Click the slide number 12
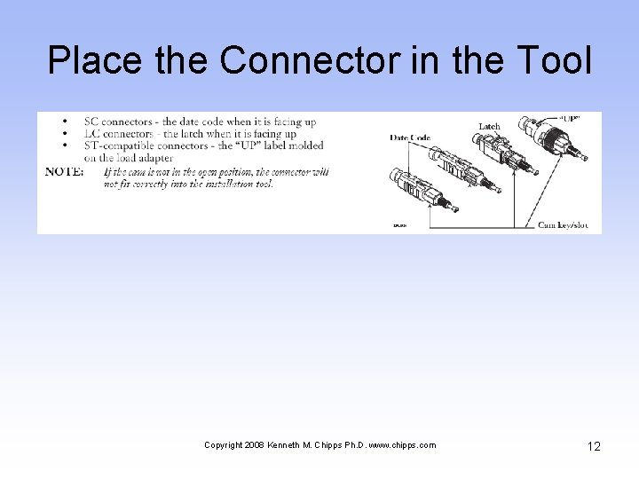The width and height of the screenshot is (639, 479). point(593,446)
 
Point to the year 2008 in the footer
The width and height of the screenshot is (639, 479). point(254,445)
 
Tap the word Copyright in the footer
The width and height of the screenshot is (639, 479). point(223,445)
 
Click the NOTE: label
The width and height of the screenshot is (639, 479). point(64,171)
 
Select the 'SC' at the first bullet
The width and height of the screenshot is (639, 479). point(91,122)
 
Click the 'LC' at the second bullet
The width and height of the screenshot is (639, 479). point(92,133)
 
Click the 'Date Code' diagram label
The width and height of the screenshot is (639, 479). point(409,137)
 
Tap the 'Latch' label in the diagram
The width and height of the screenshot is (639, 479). point(489,126)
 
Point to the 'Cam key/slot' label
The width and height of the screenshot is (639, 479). point(563,224)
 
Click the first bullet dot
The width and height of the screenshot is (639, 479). point(67,122)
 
